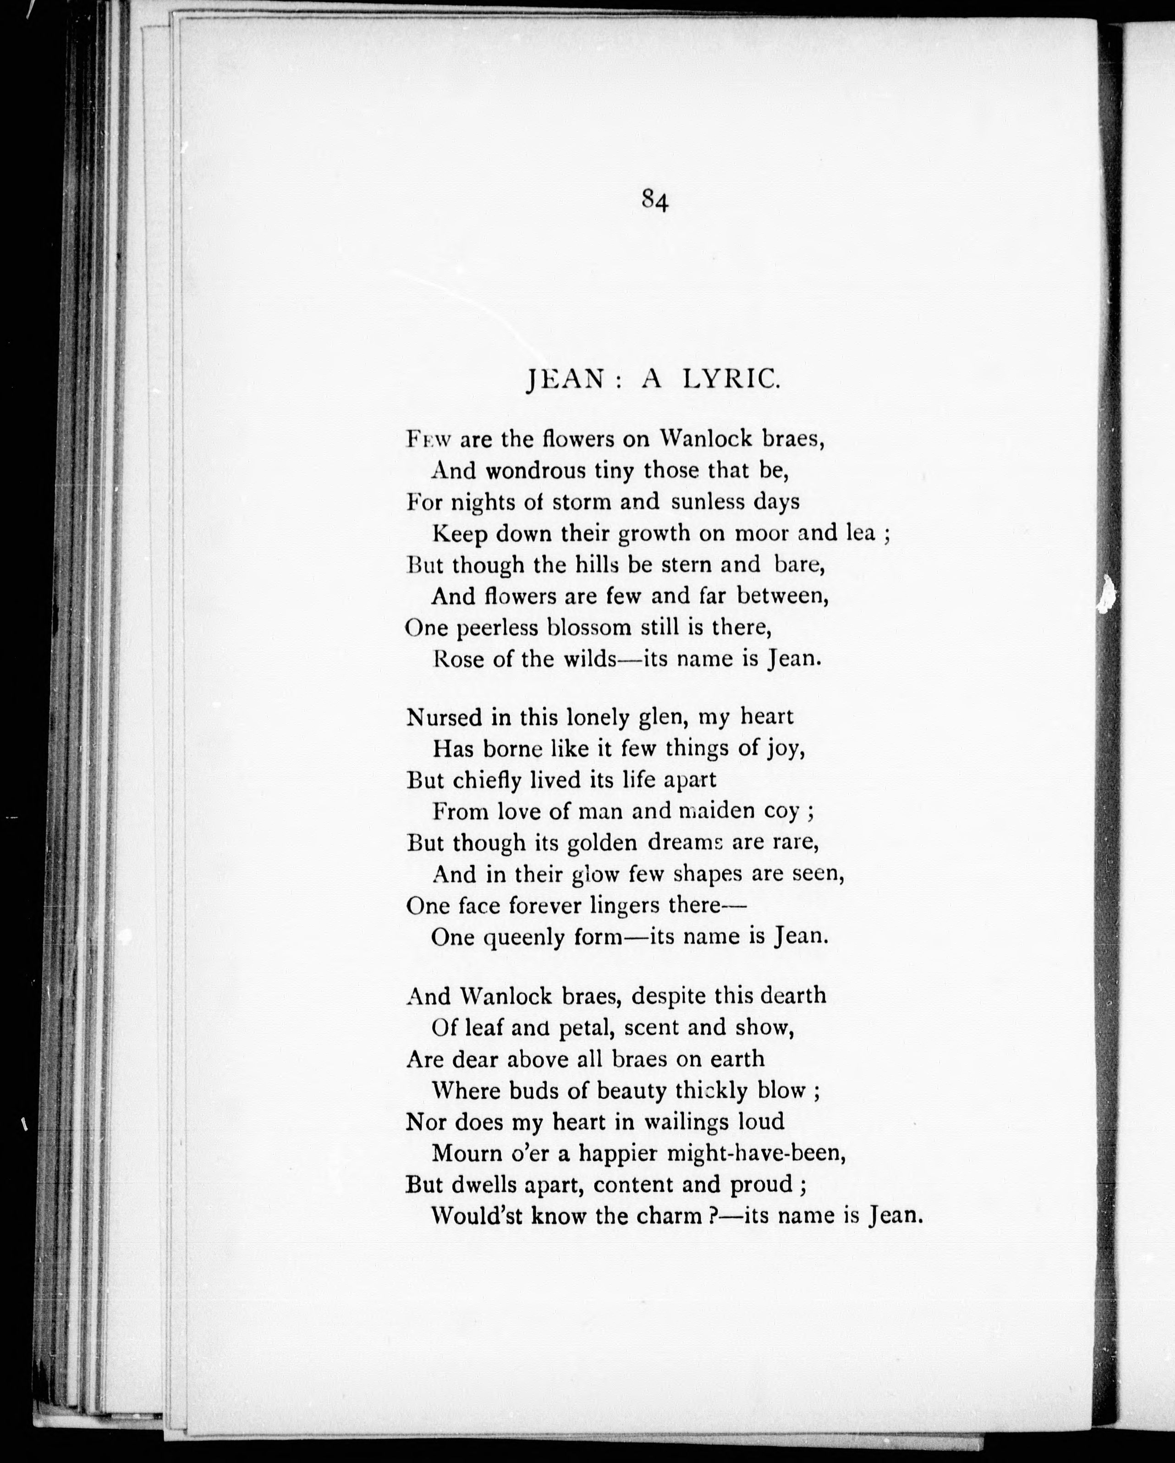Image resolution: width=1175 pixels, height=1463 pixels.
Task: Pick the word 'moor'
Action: [763, 533]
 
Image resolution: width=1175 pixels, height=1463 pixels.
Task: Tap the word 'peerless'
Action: [497, 628]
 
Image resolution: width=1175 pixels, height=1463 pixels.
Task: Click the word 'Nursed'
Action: [443, 717]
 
